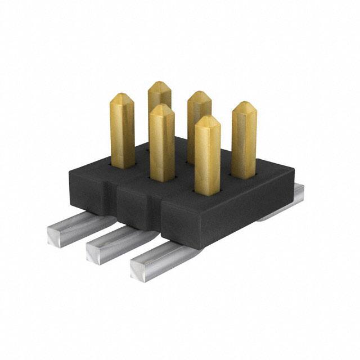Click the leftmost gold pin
[x=122, y=132]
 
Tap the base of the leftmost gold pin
[x=123, y=164]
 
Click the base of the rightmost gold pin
[x=244, y=174]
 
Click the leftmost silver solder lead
[x=73, y=228]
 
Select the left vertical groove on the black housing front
[x=115, y=202]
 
